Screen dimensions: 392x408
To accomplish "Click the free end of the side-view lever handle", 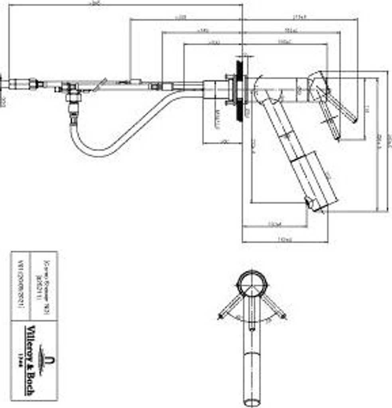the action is [x=353, y=119].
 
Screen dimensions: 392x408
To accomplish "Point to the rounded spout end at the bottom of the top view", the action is [x=251, y=400].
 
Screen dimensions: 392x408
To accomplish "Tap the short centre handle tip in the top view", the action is [x=251, y=329].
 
